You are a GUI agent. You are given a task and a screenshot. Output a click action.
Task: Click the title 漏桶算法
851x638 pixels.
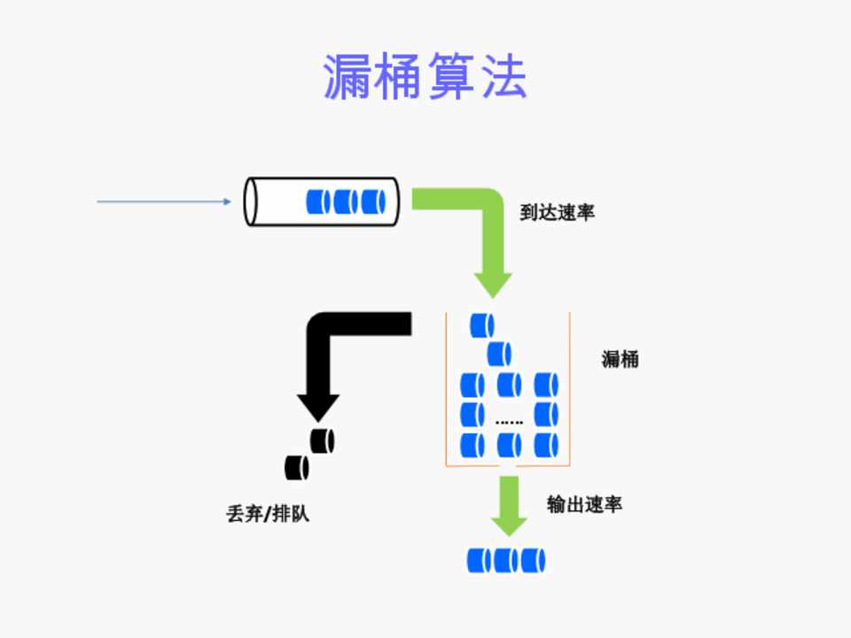(x=425, y=77)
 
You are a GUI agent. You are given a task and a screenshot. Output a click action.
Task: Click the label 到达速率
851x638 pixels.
(x=556, y=213)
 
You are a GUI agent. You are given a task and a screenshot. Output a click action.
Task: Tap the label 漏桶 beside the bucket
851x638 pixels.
(x=620, y=360)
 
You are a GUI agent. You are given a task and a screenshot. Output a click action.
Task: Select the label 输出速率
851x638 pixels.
(x=584, y=505)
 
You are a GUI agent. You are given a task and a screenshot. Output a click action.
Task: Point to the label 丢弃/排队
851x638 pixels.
(x=268, y=514)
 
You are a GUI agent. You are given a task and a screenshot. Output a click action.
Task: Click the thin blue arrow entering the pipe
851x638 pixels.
(x=164, y=202)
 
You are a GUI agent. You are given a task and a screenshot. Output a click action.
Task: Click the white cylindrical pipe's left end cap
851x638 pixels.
(x=252, y=202)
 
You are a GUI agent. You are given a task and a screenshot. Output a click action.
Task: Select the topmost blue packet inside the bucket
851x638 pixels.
(x=482, y=325)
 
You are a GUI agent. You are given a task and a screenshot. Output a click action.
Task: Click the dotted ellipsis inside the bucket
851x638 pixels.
(x=509, y=423)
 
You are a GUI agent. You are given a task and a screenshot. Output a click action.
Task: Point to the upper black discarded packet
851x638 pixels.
(x=322, y=440)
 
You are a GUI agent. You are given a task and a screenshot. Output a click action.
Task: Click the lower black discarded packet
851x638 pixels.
(x=296, y=467)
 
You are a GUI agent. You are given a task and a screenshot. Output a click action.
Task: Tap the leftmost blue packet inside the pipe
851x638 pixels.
(x=318, y=202)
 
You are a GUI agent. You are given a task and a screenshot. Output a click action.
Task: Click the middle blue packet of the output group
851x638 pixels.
(x=506, y=561)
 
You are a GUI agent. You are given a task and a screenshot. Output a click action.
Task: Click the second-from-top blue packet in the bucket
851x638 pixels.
(x=500, y=354)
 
